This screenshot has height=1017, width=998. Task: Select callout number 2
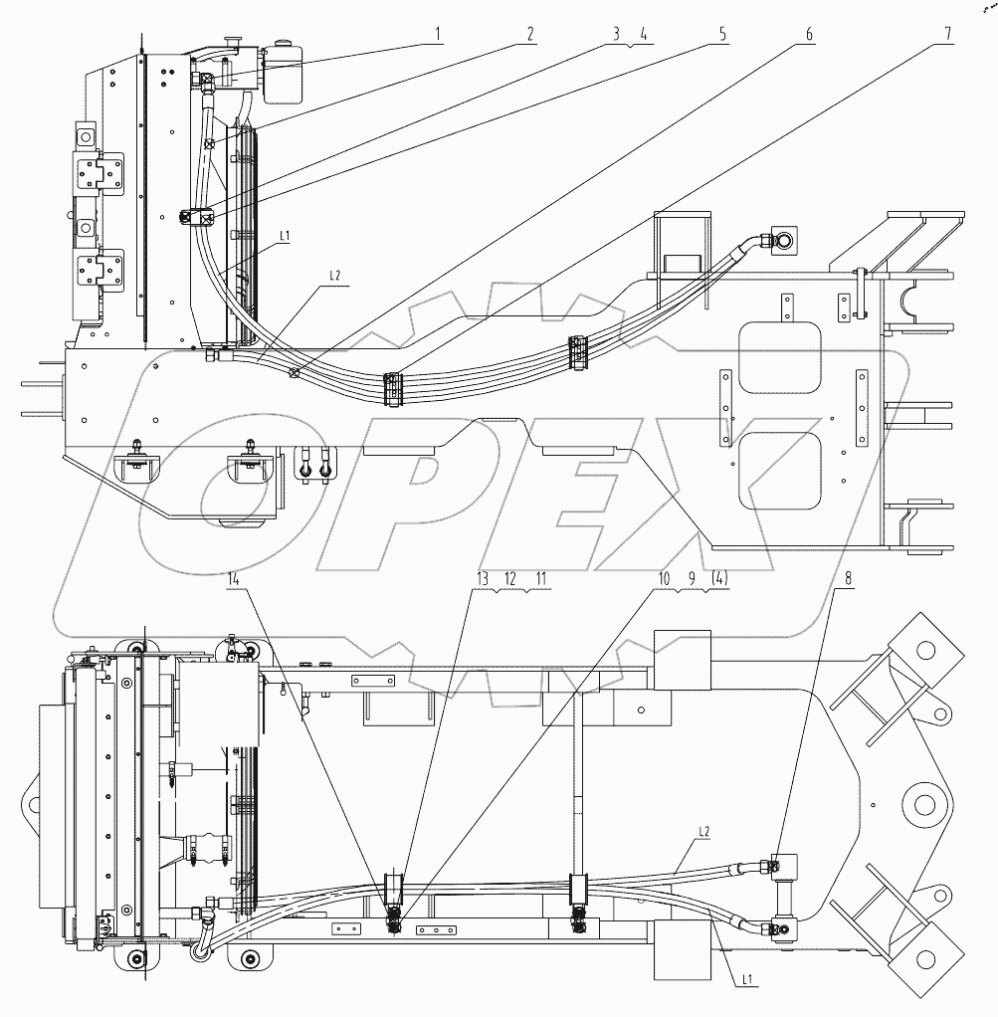tap(531, 34)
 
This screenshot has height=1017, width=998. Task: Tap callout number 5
tap(723, 34)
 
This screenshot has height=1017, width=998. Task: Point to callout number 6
tap(809, 34)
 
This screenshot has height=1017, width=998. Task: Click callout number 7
tap(949, 34)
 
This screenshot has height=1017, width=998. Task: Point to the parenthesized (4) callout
tap(716, 577)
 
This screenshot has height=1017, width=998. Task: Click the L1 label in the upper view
tap(284, 236)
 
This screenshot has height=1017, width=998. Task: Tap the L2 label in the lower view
tap(702, 830)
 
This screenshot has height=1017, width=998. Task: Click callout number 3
tap(617, 34)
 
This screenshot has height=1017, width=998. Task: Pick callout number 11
tap(541, 577)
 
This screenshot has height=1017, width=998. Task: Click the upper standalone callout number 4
tap(644, 34)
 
